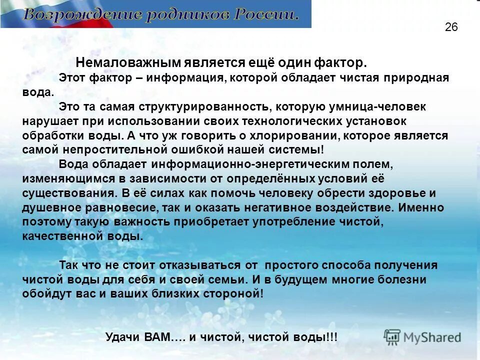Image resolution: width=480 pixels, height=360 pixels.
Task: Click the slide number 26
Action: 451,27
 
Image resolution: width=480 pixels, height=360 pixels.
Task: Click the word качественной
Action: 62,236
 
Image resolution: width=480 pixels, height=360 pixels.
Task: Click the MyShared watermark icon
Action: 392,337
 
